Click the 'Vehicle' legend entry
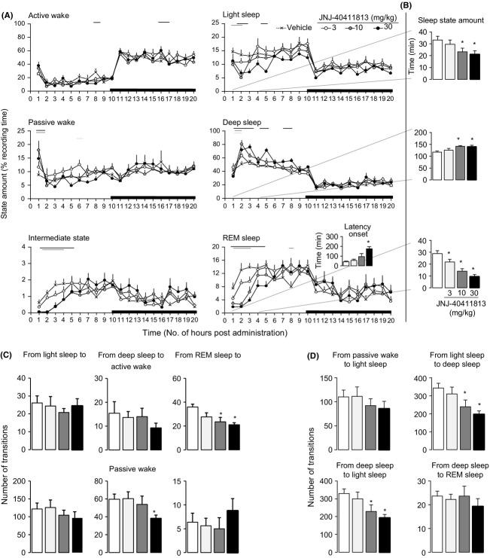click(x=297, y=27)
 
